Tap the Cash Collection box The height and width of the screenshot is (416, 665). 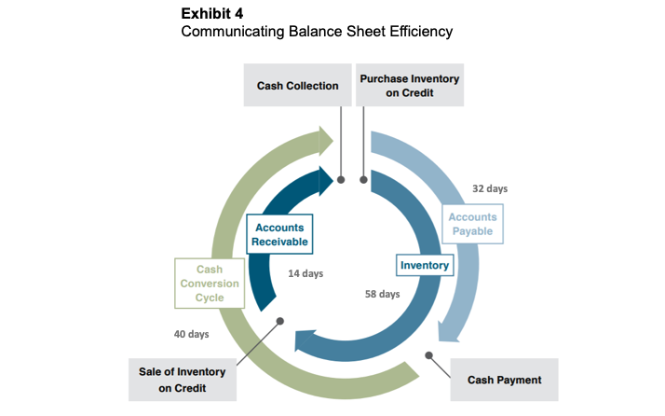point(298,86)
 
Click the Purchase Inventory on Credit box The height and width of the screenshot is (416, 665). point(410,86)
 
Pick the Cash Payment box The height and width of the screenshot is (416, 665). point(504,380)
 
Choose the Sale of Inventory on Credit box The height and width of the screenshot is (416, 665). point(182,380)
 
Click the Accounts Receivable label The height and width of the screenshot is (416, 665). point(279,235)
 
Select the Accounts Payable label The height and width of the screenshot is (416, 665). point(474,224)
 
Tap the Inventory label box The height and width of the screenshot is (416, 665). point(425,266)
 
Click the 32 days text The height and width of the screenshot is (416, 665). point(490,188)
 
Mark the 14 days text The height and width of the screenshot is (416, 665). point(305,274)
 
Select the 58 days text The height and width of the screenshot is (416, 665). point(382,294)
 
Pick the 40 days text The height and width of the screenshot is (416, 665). point(191,333)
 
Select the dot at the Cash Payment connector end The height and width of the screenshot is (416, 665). point(429,354)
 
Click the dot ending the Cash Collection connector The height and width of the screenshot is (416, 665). point(342,177)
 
